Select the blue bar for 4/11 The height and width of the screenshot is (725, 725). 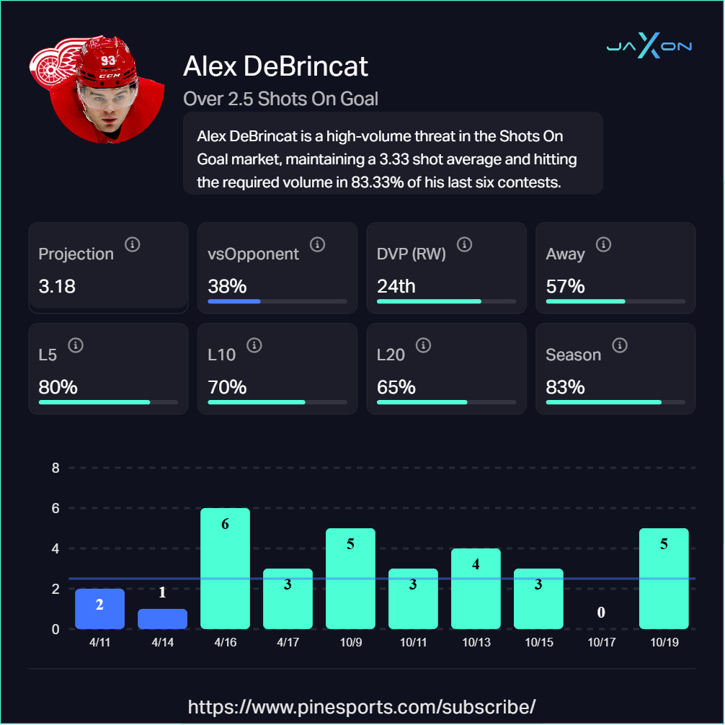click(99, 609)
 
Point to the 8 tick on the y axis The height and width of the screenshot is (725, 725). click(55, 468)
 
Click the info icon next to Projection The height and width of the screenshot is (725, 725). click(132, 244)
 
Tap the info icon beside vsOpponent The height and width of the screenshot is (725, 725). click(317, 244)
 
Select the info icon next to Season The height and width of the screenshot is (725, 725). click(619, 345)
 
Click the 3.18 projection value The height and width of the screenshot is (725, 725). click(57, 286)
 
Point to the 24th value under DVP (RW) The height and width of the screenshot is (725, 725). click(396, 286)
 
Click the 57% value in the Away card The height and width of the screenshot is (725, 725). click(565, 286)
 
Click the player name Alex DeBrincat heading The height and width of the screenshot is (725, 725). click(276, 66)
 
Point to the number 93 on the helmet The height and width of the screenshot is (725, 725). click(108, 61)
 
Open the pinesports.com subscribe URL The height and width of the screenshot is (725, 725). click(362, 706)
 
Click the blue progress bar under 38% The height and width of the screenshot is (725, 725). click(233, 301)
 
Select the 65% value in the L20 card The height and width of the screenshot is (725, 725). click(396, 387)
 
